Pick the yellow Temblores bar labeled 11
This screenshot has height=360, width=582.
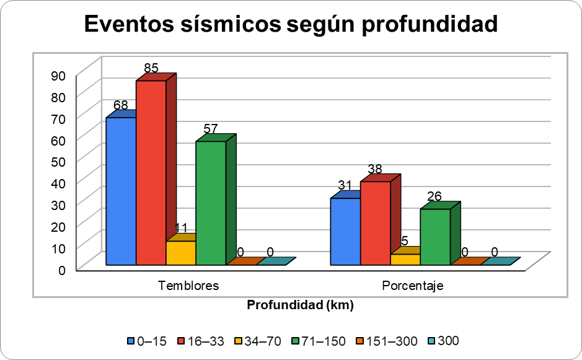[x=181, y=253]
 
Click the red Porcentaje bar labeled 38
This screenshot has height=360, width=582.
[x=376, y=223]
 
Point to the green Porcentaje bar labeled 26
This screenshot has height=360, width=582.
[x=435, y=237]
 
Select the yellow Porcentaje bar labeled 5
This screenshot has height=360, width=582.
[x=405, y=259]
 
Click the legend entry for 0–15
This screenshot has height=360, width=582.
[x=147, y=341]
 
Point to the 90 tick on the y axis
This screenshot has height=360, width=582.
[x=58, y=76]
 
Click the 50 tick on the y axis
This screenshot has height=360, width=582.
[x=58, y=160]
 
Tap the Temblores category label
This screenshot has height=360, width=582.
[x=188, y=286]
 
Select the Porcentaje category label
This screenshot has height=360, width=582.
[x=413, y=286]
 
